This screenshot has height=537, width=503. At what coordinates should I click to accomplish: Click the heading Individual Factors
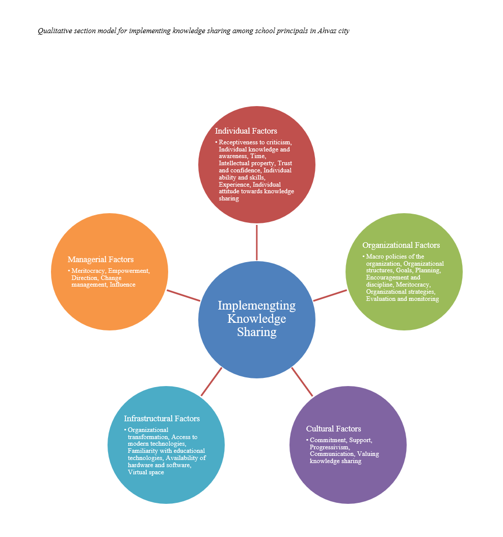point(246,131)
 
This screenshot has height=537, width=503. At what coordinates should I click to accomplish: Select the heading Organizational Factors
point(401,245)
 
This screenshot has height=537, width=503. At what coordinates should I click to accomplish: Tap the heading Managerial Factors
point(100,260)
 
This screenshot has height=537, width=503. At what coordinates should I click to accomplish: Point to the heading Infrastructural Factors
point(162,419)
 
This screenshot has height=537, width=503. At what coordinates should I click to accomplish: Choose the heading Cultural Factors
point(333,429)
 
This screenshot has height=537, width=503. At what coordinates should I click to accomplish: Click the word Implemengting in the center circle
point(256,305)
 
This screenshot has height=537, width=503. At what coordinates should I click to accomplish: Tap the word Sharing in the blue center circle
point(256,333)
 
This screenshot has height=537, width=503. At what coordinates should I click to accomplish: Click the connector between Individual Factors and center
point(256,242)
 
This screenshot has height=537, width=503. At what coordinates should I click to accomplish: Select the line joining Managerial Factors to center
point(183,296)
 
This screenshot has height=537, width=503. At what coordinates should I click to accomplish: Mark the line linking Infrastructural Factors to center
point(211,381)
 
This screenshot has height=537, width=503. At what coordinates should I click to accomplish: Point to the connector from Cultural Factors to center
point(302,381)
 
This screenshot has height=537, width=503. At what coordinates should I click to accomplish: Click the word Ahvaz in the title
point(327,31)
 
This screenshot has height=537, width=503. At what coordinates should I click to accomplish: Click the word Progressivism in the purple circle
point(329,447)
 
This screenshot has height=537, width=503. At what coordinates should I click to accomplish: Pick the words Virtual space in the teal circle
point(146,472)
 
